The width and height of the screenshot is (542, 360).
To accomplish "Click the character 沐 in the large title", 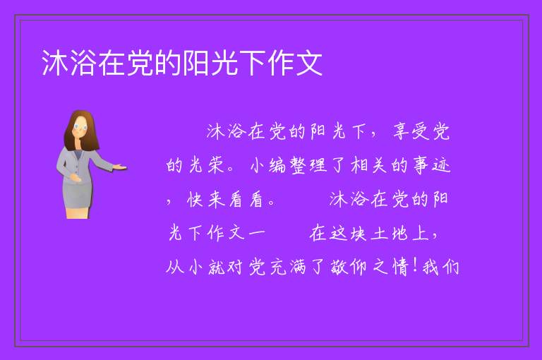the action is [x=55, y=63].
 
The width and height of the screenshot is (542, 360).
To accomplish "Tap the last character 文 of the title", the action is [x=309, y=63].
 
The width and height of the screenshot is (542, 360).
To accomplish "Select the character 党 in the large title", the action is [x=140, y=63].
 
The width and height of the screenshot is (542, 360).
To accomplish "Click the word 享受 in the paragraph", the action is [x=411, y=131].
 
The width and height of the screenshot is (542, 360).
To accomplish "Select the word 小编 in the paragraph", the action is [x=268, y=165].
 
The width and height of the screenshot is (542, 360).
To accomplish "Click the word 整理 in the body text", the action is [x=308, y=165].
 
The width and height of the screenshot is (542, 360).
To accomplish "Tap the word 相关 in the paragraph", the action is [x=368, y=165].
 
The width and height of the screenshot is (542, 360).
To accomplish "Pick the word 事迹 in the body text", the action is [x=432, y=165].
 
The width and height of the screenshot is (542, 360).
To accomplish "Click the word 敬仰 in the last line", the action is [x=349, y=268].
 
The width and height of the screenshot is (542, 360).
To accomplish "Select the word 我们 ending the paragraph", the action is [x=440, y=268].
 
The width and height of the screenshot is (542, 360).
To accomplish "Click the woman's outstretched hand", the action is [x=120, y=168].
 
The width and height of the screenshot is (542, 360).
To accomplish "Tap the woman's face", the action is [x=80, y=126].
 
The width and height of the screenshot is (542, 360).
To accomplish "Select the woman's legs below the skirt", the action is [x=78, y=212].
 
